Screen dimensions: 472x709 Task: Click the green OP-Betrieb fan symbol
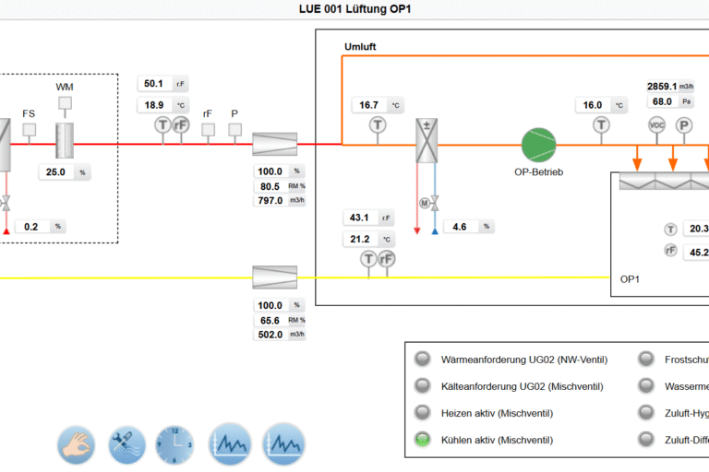click(x=539, y=145)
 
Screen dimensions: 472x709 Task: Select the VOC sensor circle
click(x=657, y=125)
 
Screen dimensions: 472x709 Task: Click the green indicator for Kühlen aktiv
click(x=423, y=440)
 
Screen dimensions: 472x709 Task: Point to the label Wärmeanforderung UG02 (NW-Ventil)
click(x=523, y=360)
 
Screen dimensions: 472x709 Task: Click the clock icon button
click(x=175, y=442)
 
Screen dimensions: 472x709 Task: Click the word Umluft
click(x=360, y=46)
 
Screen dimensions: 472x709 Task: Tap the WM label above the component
click(x=65, y=87)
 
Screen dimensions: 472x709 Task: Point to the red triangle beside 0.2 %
click(x=6, y=230)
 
